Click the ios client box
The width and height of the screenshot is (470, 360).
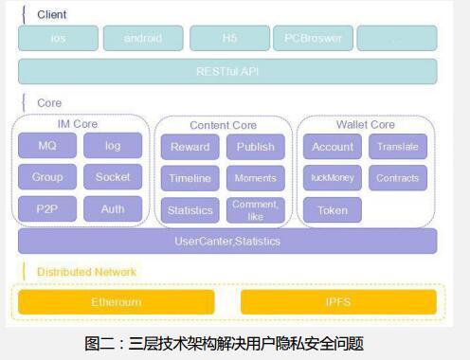[x=58, y=39]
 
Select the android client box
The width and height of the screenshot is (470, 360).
[x=143, y=39]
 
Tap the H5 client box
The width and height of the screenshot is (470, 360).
[x=228, y=39]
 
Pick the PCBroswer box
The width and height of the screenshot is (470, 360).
[x=314, y=39]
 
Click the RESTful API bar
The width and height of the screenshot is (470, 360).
[x=227, y=71]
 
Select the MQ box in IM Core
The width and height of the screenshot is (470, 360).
[x=47, y=146]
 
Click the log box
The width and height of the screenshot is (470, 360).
[x=113, y=146]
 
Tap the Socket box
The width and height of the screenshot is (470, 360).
[x=113, y=177]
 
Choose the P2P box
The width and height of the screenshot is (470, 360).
[x=47, y=208]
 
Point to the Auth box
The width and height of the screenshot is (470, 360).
[x=113, y=208]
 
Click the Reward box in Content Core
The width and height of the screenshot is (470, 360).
[x=190, y=147]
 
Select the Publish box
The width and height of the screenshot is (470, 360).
[x=255, y=147]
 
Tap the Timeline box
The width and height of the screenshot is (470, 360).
[x=190, y=178]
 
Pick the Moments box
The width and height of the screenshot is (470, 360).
[x=255, y=178]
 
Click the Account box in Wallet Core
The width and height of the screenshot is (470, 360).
[x=333, y=147]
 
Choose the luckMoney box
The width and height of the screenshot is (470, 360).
[x=333, y=178]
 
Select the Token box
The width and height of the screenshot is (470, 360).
[x=333, y=209]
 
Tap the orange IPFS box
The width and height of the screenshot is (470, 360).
[x=338, y=302]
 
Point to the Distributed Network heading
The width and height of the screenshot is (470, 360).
[x=86, y=272]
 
